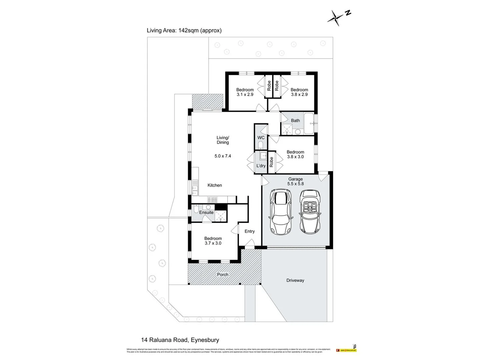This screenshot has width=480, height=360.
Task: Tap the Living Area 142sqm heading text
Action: (x=184, y=30)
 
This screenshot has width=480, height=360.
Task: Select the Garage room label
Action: (x=295, y=179)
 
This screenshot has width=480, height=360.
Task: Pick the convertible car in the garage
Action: (x=310, y=212)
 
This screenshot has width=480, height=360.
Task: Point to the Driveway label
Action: (x=295, y=280)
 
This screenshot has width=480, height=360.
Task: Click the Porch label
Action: (x=223, y=275)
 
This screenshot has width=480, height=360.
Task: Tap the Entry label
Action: (x=250, y=231)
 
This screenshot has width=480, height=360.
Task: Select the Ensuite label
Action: (x=206, y=212)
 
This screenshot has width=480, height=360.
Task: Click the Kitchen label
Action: (x=215, y=185)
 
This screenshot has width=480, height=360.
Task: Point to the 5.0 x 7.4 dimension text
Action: (x=223, y=156)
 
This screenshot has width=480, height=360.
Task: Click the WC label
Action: (x=261, y=138)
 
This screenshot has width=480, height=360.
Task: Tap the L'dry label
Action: (x=261, y=166)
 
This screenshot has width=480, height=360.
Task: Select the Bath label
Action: (x=295, y=121)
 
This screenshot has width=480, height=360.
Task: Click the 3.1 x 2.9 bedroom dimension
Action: (x=245, y=94)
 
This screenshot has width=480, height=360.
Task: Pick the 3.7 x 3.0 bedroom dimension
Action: (x=213, y=243)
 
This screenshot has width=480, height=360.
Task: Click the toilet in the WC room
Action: (x=261, y=145)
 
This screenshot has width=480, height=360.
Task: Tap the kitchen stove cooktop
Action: (x=212, y=200)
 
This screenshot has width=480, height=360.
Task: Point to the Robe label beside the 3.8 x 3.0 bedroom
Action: (x=271, y=162)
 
